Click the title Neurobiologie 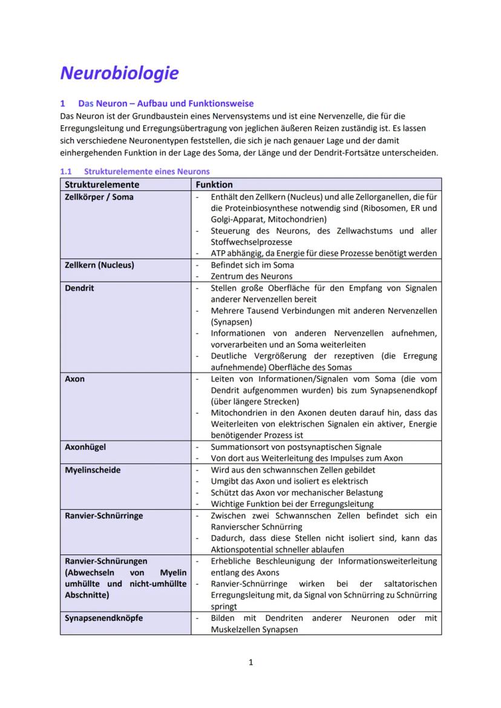[119, 73]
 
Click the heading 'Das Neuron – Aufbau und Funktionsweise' [166, 103]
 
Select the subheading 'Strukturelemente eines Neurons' [147, 172]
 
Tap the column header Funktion [214, 184]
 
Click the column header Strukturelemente [102, 184]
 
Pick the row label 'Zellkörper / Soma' [99, 196]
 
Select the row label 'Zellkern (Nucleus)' [99, 265]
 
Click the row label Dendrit [79, 288]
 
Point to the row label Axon [75, 378]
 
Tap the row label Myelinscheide [93, 470]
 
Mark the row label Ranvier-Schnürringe [104, 515]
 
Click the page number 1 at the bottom [250, 663]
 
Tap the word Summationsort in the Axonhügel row [237, 447]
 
